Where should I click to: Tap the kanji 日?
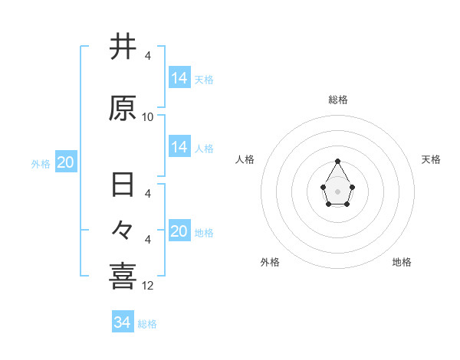123,186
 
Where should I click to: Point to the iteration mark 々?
123,229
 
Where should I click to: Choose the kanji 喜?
123,276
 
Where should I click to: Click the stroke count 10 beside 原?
148,117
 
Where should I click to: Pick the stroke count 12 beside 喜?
148,286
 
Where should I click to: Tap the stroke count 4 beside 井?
148,56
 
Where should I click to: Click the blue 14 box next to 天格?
179,78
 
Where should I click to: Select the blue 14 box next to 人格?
179,147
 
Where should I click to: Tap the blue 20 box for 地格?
179,231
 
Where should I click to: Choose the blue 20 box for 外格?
65,162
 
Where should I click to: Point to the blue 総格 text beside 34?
147,324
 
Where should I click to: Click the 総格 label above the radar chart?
338,100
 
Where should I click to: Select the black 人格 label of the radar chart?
245,159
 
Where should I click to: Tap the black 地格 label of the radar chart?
402,262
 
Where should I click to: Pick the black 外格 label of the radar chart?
270,262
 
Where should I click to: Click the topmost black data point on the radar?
338,161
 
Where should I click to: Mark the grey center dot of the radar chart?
338,190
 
